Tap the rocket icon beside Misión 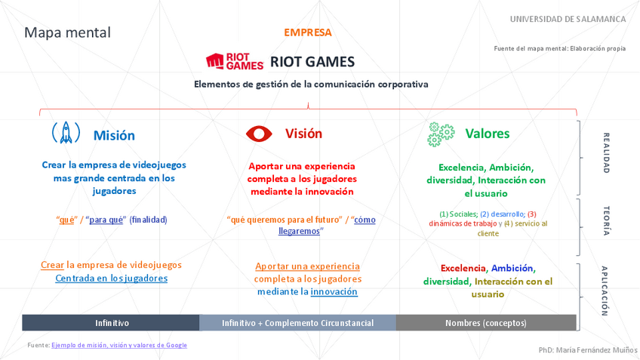[x=66, y=134]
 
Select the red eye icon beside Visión [x=259, y=134]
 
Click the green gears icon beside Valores [x=441, y=134]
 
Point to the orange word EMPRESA [x=307, y=32]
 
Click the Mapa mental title [x=67, y=32]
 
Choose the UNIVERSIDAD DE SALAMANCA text [x=568, y=19]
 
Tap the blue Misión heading [x=114, y=136]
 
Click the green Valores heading [x=487, y=134]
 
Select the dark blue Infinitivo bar [x=111, y=323]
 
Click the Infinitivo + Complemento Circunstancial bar [x=297, y=323]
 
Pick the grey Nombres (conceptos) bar [x=486, y=323]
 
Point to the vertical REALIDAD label [x=605, y=153]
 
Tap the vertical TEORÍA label [x=605, y=221]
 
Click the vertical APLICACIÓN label [x=605, y=290]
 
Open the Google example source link [x=119, y=345]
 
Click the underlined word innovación [x=334, y=291]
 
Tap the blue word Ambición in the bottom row [x=512, y=268]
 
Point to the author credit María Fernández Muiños [x=588, y=350]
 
